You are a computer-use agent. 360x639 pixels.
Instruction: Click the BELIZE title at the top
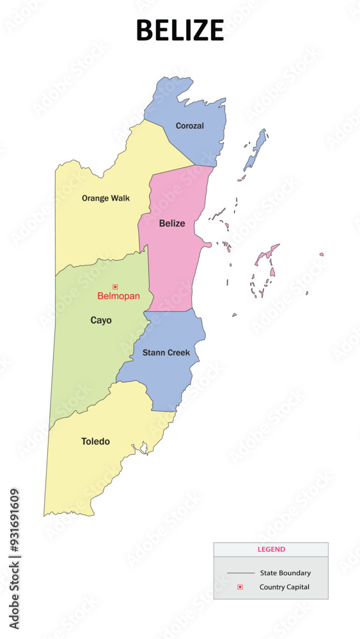coord(180,30)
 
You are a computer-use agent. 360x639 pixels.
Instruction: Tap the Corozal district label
coord(190,126)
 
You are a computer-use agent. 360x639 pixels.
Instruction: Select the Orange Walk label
coord(106,198)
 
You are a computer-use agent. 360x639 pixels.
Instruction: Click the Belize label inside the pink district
coord(172,223)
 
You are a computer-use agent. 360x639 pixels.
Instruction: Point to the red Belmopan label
coord(118,296)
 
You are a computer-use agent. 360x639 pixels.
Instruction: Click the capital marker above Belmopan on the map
coord(115,287)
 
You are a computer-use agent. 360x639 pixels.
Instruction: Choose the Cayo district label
coord(101,320)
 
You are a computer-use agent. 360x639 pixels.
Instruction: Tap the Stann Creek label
coord(166,353)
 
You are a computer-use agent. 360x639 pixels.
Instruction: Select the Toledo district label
coord(95,441)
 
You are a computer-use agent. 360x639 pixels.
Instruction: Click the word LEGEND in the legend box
coord(271,549)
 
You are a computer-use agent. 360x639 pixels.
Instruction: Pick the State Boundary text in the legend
coord(285,573)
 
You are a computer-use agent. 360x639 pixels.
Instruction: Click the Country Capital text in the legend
coord(284,587)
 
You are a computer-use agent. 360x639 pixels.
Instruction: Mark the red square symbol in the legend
coord(240,587)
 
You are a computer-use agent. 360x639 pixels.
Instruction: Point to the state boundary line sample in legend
coord(240,573)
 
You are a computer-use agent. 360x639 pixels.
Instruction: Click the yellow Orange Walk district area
coord(96,230)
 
